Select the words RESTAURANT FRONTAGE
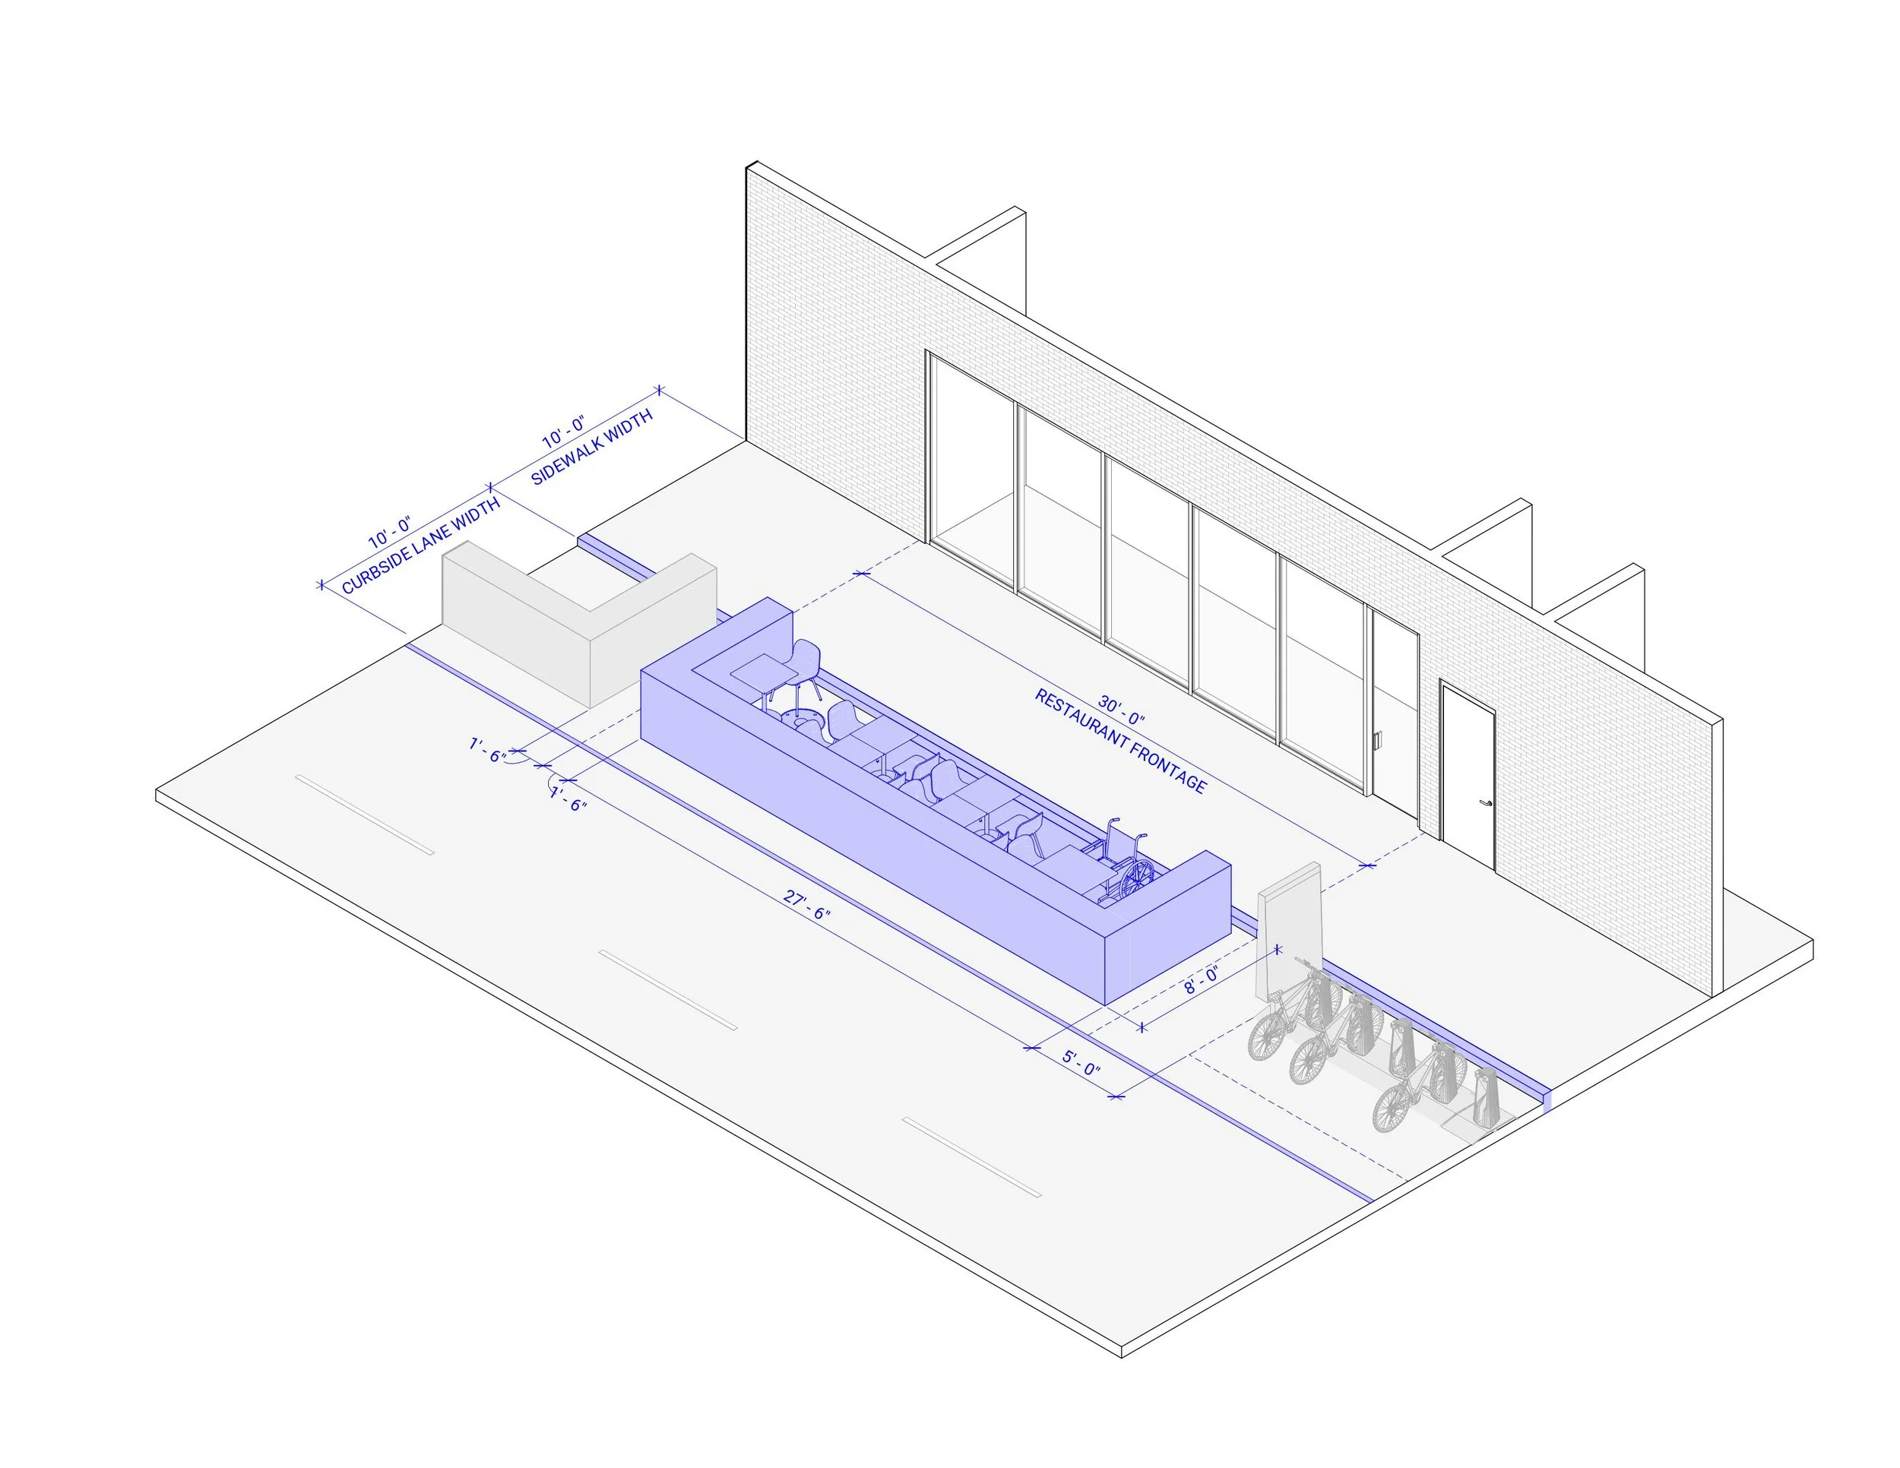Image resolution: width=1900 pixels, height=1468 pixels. click(x=1120, y=742)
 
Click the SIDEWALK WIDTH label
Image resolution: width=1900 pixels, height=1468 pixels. click(x=591, y=448)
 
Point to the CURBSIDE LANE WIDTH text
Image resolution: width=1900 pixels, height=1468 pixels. click(x=421, y=546)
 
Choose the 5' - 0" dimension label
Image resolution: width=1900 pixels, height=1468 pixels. click(x=1081, y=1063)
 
